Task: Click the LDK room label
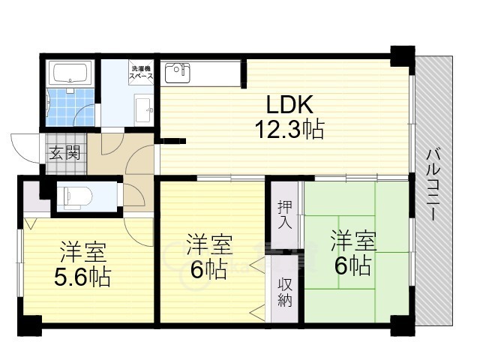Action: point(289,104)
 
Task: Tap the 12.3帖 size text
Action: point(289,129)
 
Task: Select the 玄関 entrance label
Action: point(65,152)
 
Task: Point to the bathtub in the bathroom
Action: point(70,72)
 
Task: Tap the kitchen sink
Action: point(177,73)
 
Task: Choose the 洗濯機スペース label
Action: point(141,72)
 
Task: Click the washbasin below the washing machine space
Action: point(143,109)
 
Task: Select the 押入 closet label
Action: point(285,214)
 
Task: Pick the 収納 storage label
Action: point(285,293)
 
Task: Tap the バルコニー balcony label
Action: point(432,184)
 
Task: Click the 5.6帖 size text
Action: point(82,277)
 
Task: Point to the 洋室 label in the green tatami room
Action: point(353,241)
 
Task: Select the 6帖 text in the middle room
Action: point(208,268)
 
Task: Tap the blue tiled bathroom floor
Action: point(70,107)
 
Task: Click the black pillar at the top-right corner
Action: point(403,56)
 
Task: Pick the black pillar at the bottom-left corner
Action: point(30,325)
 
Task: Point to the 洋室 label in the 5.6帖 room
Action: point(83,252)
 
